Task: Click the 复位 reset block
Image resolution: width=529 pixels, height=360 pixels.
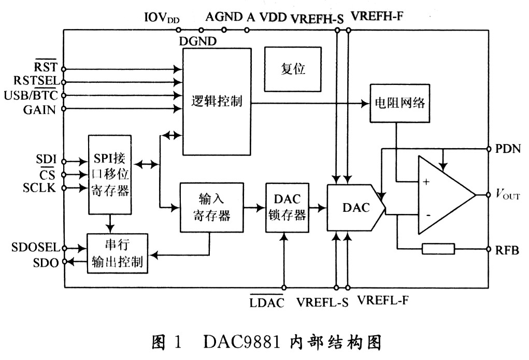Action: [x=293, y=69]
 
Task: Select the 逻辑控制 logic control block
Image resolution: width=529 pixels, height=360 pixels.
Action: [x=217, y=102]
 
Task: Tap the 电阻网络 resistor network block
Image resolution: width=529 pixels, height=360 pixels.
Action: [x=400, y=103]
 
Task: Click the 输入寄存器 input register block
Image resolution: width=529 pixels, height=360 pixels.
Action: [x=211, y=208]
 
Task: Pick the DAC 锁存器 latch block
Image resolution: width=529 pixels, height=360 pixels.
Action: [x=287, y=208]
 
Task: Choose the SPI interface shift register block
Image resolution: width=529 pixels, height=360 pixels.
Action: [x=110, y=175]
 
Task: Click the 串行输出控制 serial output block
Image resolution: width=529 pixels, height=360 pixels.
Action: [x=118, y=253]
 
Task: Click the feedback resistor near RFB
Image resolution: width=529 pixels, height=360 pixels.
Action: [x=438, y=249]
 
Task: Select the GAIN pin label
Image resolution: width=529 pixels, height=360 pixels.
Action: [x=39, y=110]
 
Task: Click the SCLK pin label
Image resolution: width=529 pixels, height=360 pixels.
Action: [x=39, y=188]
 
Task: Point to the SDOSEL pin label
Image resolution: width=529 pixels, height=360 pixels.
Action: [x=35, y=247]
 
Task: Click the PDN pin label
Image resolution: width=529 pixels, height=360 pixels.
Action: [x=508, y=149]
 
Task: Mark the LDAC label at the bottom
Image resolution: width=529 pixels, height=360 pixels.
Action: [x=267, y=302]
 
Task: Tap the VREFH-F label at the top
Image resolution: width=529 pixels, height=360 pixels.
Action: [x=377, y=16]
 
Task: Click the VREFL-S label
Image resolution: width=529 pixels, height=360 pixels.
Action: [x=322, y=303]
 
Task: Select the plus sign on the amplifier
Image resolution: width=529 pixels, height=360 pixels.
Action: [x=426, y=182]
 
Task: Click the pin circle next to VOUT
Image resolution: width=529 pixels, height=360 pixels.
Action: [x=488, y=195]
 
